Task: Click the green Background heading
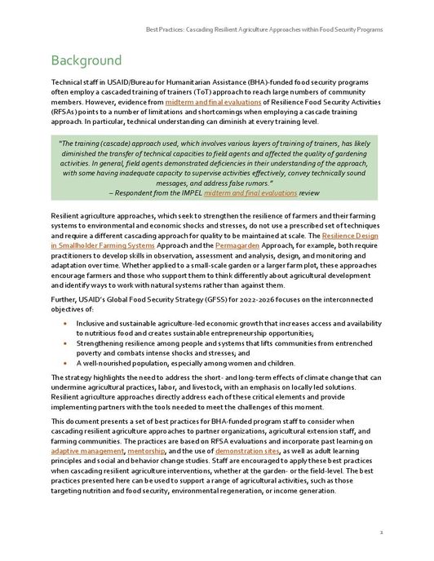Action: point(86,61)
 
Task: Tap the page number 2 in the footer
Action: point(381,531)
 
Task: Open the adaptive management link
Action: point(87,450)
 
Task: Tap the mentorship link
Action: point(147,450)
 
